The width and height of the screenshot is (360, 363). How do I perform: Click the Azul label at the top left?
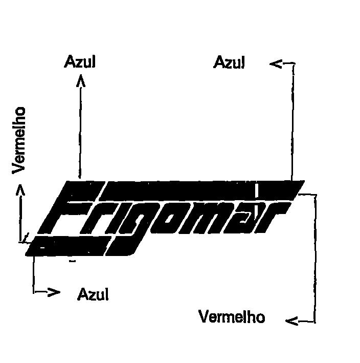pyautogui.click(x=80, y=61)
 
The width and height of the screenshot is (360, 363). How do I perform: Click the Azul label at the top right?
pyautogui.click(x=229, y=62)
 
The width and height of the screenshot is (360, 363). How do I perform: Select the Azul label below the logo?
pyautogui.click(x=93, y=294)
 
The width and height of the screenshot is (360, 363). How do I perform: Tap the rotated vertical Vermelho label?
pyautogui.click(x=18, y=140)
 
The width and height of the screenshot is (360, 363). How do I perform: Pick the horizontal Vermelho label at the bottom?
pyautogui.click(x=232, y=316)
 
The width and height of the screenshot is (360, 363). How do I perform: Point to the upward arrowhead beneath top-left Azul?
pyautogui.click(x=81, y=80)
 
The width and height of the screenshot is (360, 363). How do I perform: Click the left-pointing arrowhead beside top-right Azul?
pyautogui.click(x=276, y=64)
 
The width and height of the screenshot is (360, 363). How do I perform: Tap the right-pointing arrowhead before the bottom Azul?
pyautogui.click(x=54, y=292)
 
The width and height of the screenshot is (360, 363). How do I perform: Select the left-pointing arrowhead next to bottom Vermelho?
pyautogui.click(x=292, y=322)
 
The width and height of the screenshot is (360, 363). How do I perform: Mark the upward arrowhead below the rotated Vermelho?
pyautogui.click(x=20, y=190)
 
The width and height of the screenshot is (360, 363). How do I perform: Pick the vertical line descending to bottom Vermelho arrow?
pyautogui.click(x=315, y=258)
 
